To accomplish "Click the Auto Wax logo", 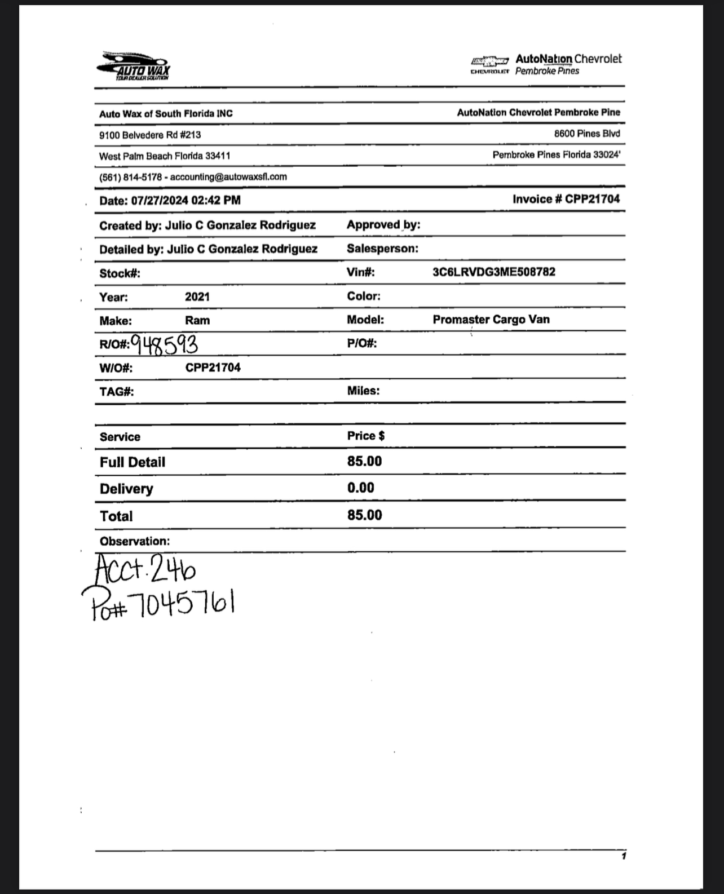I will (133, 67).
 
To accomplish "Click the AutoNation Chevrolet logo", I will (546, 64).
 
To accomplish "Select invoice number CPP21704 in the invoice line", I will (592, 199).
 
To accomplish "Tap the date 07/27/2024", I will (160, 200).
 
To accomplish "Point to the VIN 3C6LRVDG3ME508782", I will (493, 272).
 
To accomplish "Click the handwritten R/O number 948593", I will (165, 344).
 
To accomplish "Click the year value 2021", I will (197, 296).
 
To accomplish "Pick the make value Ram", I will (197, 320).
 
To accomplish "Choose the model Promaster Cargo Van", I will (491, 320).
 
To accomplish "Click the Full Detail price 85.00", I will (364, 461).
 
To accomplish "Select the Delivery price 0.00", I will (360, 488).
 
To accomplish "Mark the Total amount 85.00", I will (364, 515).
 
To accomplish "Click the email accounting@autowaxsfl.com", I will (228, 176).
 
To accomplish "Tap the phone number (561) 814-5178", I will (130, 177).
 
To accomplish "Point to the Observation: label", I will (134, 541).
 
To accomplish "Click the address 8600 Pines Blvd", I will (586, 134).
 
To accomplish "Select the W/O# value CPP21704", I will (213, 368).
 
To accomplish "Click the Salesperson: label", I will (382, 249).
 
